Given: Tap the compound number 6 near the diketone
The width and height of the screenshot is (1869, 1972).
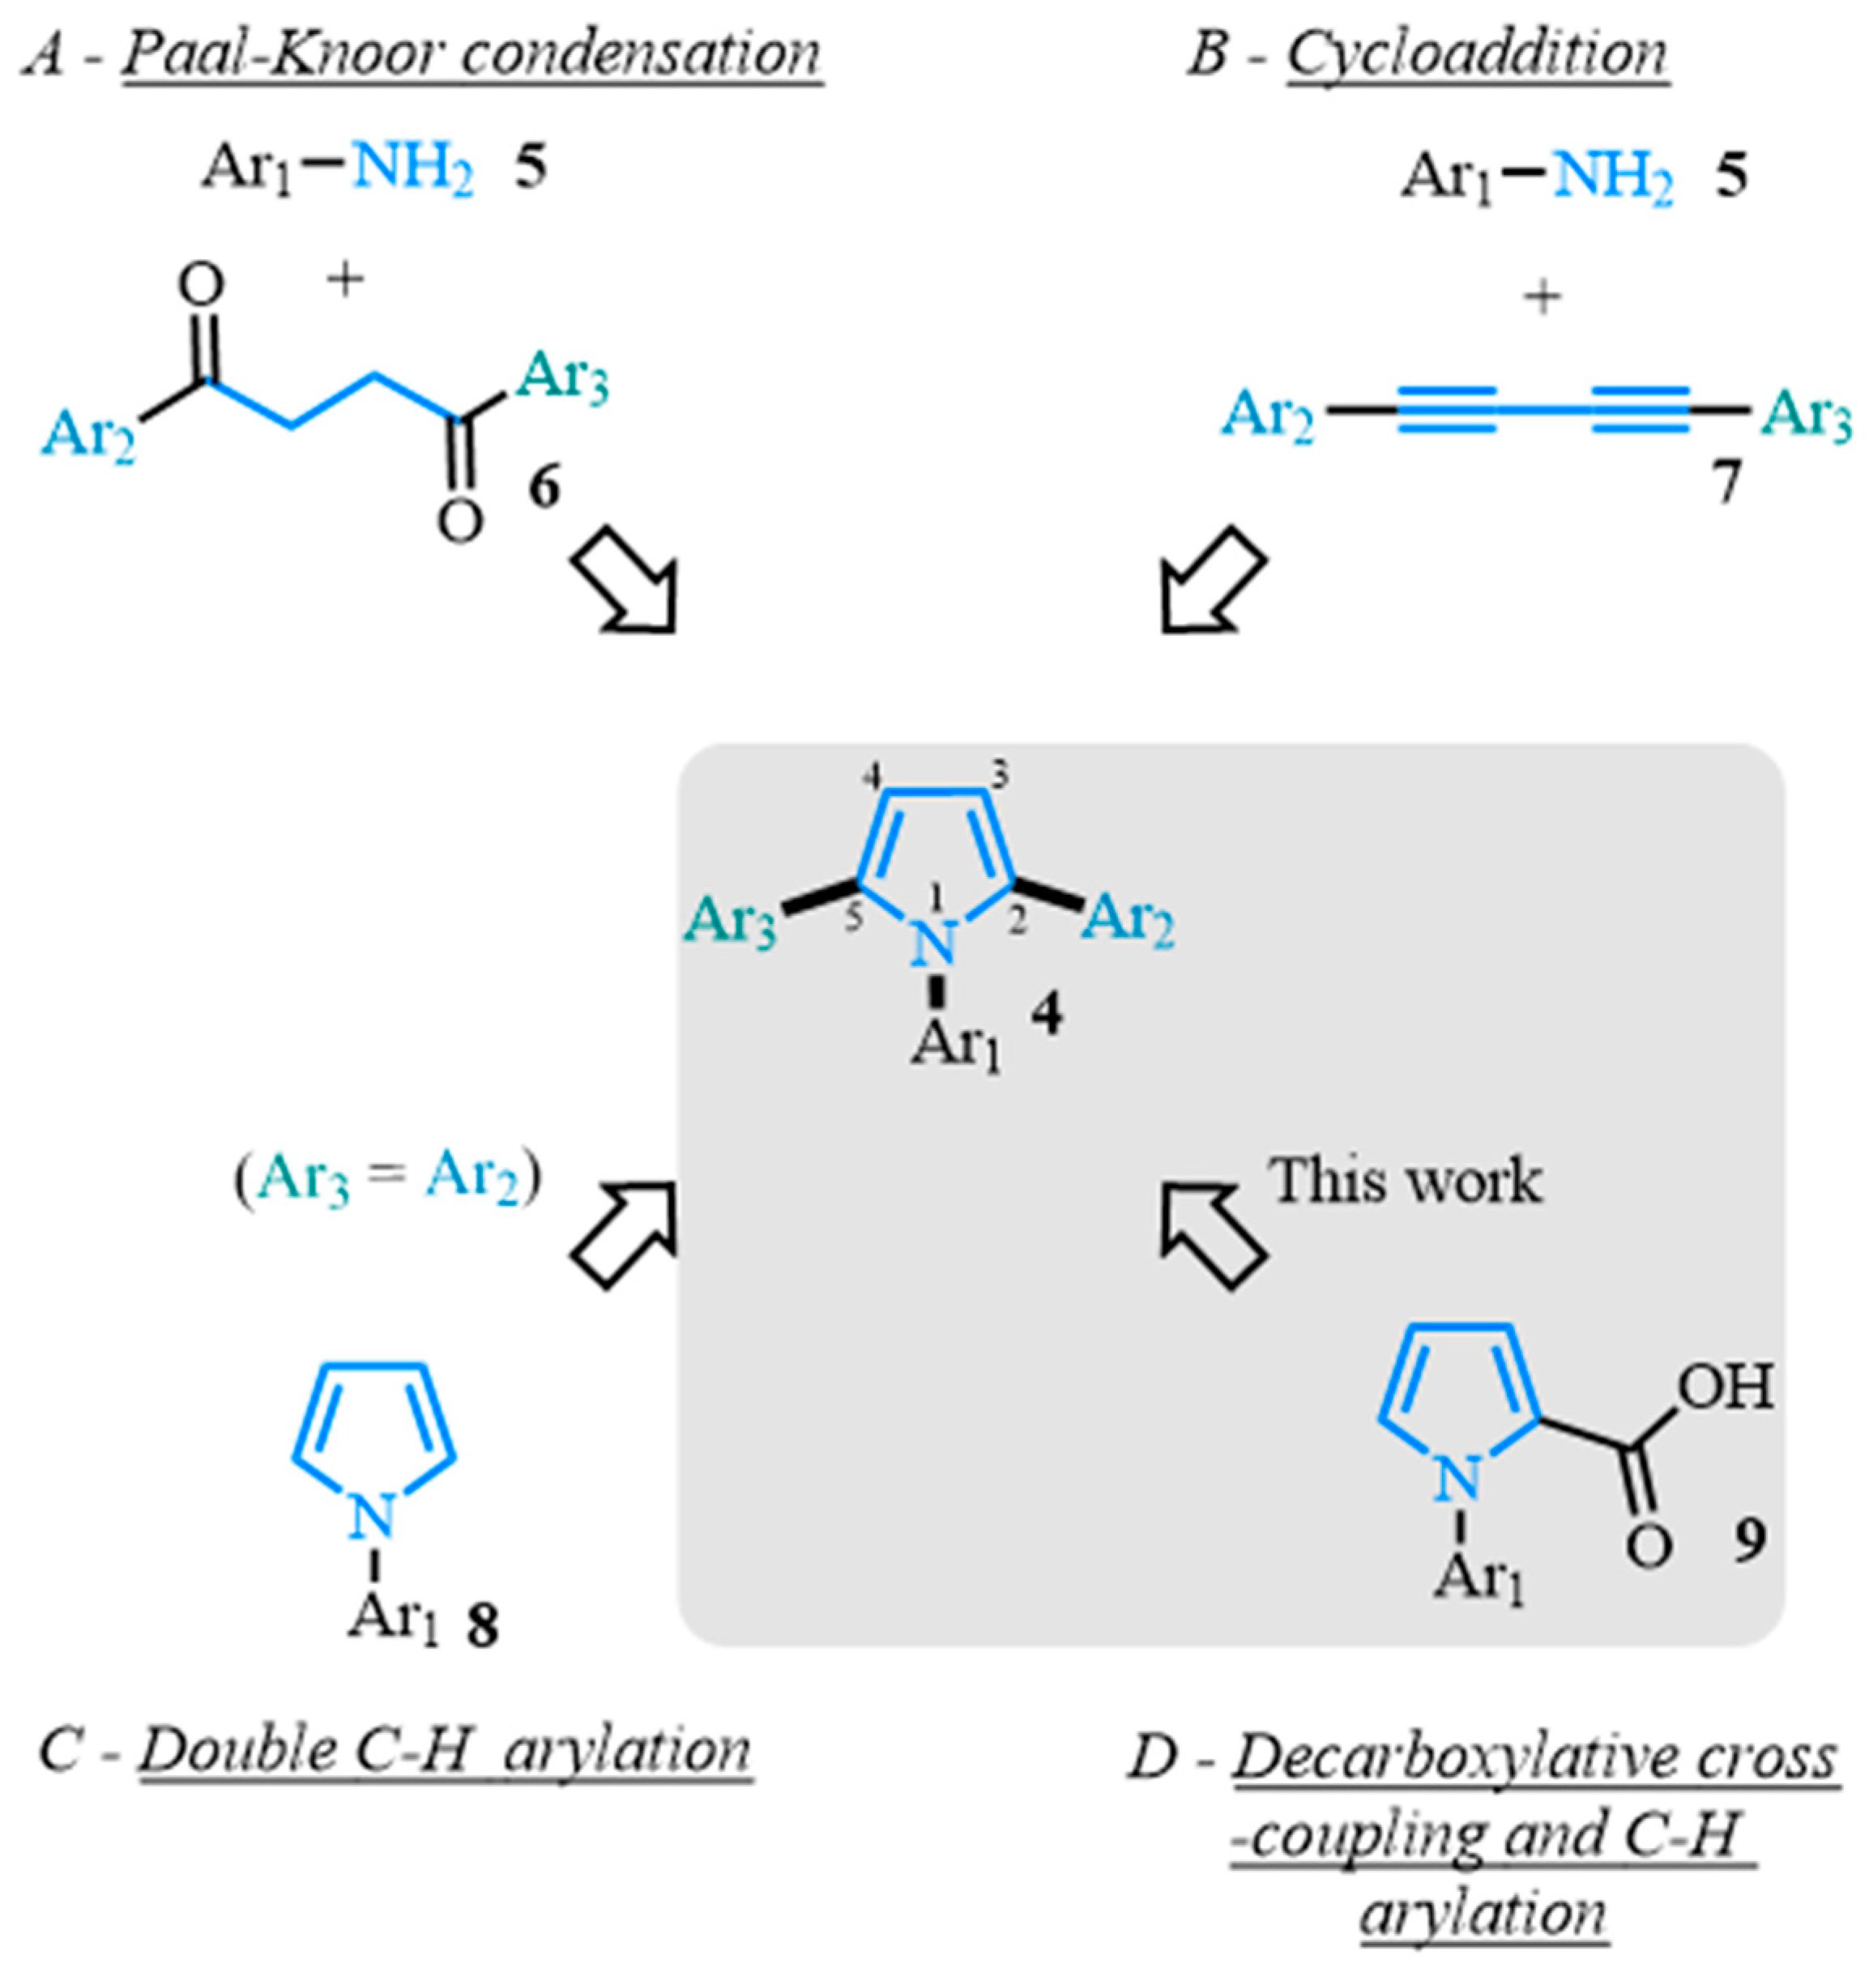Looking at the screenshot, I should (x=543, y=489).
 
